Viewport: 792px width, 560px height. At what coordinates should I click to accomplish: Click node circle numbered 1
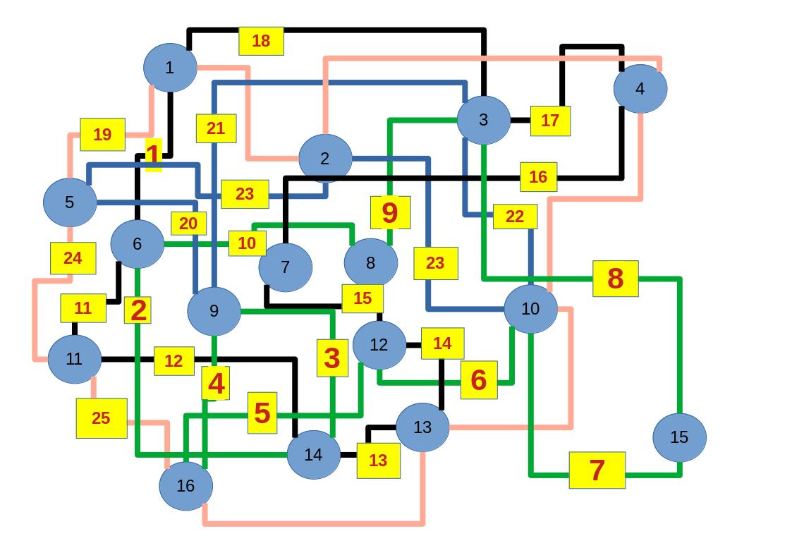pyautogui.click(x=170, y=68)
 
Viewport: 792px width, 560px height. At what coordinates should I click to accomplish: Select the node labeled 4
pyautogui.click(x=640, y=89)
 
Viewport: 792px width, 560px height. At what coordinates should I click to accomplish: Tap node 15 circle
pyautogui.click(x=678, y=437)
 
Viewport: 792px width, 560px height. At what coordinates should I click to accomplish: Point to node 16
pyautogui.click(x=185, y=485)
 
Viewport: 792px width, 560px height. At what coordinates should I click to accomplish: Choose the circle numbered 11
pyautogui.click(x=75, y=359)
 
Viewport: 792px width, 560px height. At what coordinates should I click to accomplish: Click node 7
pyautogui.click(x=285, y=267)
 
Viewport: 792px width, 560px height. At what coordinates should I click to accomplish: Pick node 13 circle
pyautogui.click(x=422, y=427)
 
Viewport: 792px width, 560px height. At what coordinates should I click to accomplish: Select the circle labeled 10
pyautogui.click(x=530, y=309)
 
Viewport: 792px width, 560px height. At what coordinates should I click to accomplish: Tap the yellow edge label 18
pyautogui.click(x=261, y=41)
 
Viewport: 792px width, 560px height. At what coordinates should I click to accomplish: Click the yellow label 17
pyautogui.click(x=550, y=121)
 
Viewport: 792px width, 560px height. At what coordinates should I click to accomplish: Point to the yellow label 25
pyautogui.click(x=102, y=418)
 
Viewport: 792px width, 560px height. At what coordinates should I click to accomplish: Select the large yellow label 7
pyautogui.click(x=597, y=470)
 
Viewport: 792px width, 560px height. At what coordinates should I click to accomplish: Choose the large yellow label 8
pyautogui.click(x=615, y=279)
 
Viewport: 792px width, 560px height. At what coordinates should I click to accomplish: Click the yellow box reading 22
pyautogui.click(x=515, y=217)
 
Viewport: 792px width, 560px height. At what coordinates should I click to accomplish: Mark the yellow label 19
pyautogui.click(x=102, y=134)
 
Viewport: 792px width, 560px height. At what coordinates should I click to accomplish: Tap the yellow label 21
pyautogui.click(x=216, y=128)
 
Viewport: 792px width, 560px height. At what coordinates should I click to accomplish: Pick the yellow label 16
pyautogui.click(x=538, y=177)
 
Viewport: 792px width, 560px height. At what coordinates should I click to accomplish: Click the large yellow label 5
pyautogui.click(x=262, y=413)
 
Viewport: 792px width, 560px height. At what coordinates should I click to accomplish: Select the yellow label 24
pyautogui.click(x=73, y=258)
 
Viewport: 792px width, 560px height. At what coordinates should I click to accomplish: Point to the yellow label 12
pyautogui.click(x=173, y=361)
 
